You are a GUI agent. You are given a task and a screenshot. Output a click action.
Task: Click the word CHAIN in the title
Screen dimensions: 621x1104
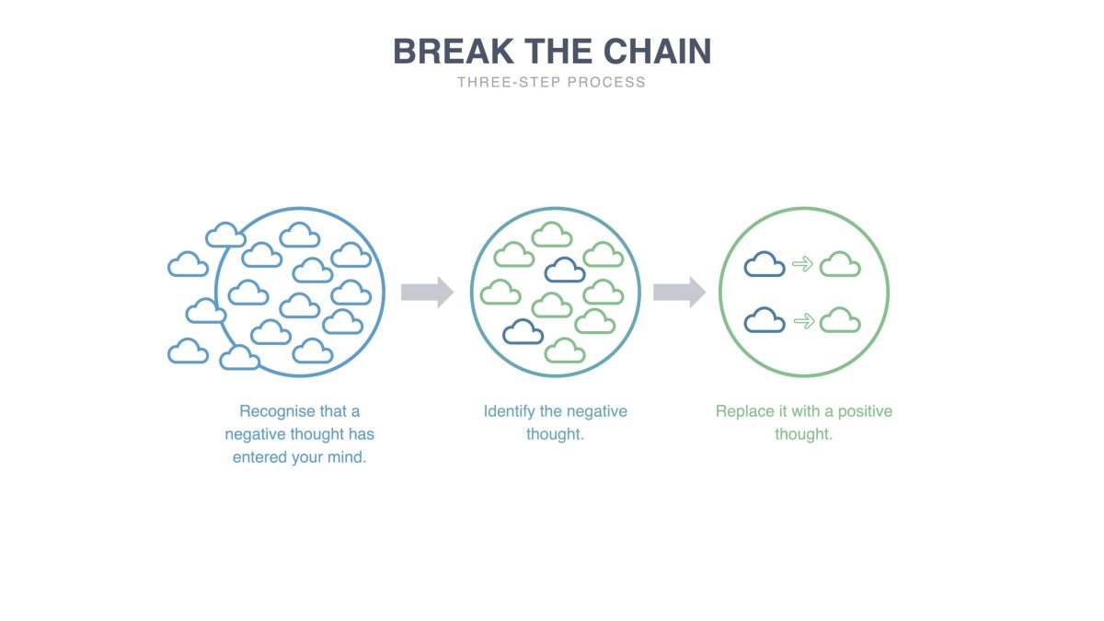659,52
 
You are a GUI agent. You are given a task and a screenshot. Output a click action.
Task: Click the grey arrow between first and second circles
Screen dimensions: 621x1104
427,293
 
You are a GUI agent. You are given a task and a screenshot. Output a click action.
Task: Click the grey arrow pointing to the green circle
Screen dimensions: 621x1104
679,293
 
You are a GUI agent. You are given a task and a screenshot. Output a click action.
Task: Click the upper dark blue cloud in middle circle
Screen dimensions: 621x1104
565,270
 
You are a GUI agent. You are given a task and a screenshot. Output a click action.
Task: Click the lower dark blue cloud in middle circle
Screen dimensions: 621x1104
523,331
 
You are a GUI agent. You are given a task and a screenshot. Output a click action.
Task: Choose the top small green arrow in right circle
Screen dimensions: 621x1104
803,265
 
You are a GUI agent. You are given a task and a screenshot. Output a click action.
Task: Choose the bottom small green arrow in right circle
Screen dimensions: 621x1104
803,321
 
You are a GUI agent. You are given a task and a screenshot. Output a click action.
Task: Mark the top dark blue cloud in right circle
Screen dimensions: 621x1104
765,265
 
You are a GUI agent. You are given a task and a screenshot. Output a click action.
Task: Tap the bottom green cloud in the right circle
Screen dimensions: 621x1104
840,320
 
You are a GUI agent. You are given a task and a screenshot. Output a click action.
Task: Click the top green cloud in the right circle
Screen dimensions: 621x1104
840,265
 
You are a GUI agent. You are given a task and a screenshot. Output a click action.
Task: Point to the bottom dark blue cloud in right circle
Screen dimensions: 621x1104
765,320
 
